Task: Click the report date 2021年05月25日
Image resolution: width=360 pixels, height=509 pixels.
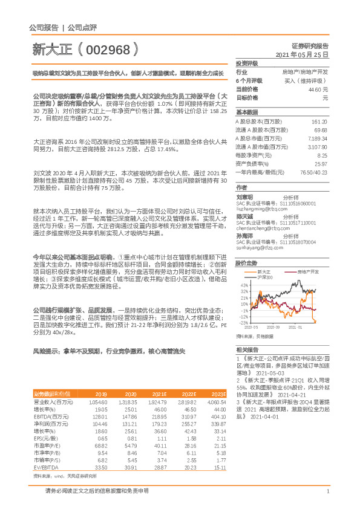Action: [x=302, y=54]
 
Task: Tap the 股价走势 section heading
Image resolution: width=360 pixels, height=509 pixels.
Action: [x=246, y=247]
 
